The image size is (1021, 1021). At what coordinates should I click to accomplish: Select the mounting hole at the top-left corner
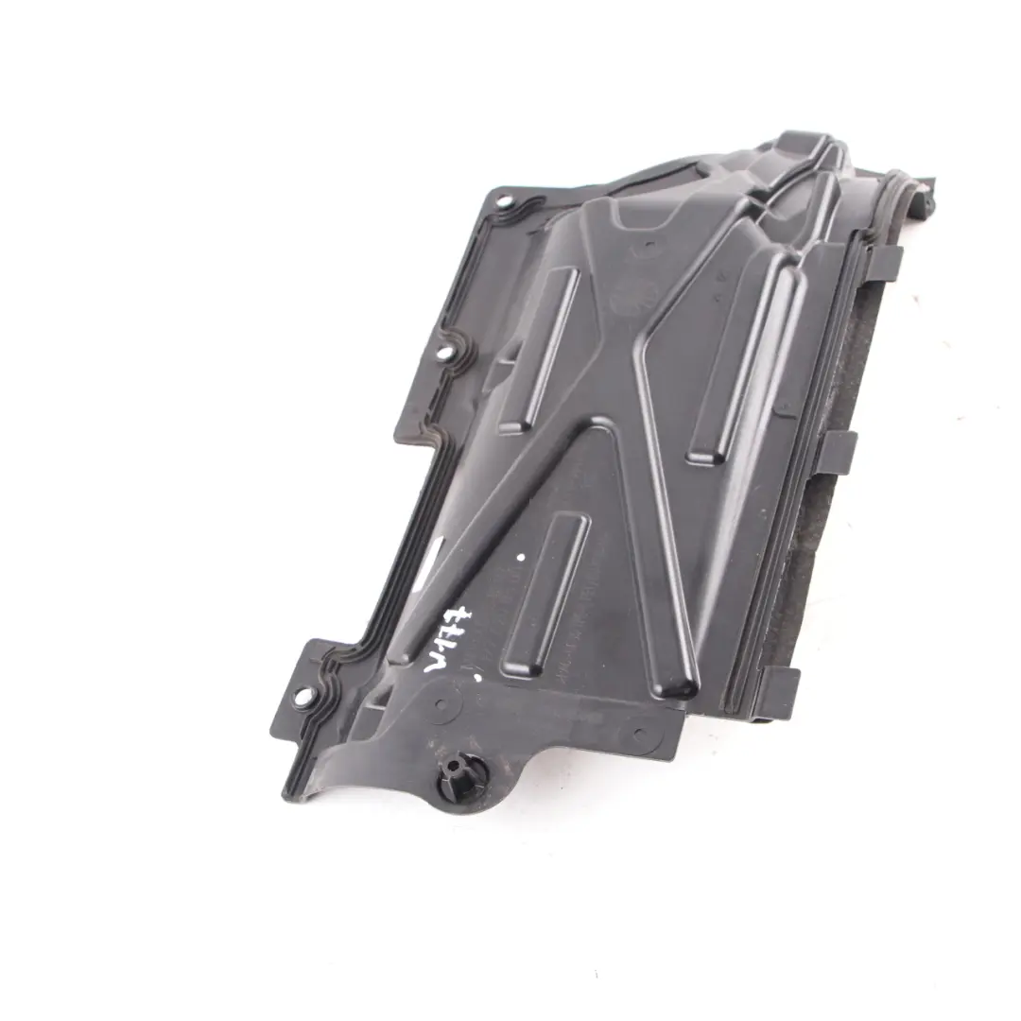(x=501, y=201)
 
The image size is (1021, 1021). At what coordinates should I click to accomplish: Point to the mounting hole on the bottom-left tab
(x=303, y=697)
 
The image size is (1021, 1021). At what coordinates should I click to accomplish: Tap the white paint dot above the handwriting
(x=520, y=559)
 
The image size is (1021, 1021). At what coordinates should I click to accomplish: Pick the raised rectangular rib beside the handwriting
(x=546, y=594)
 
